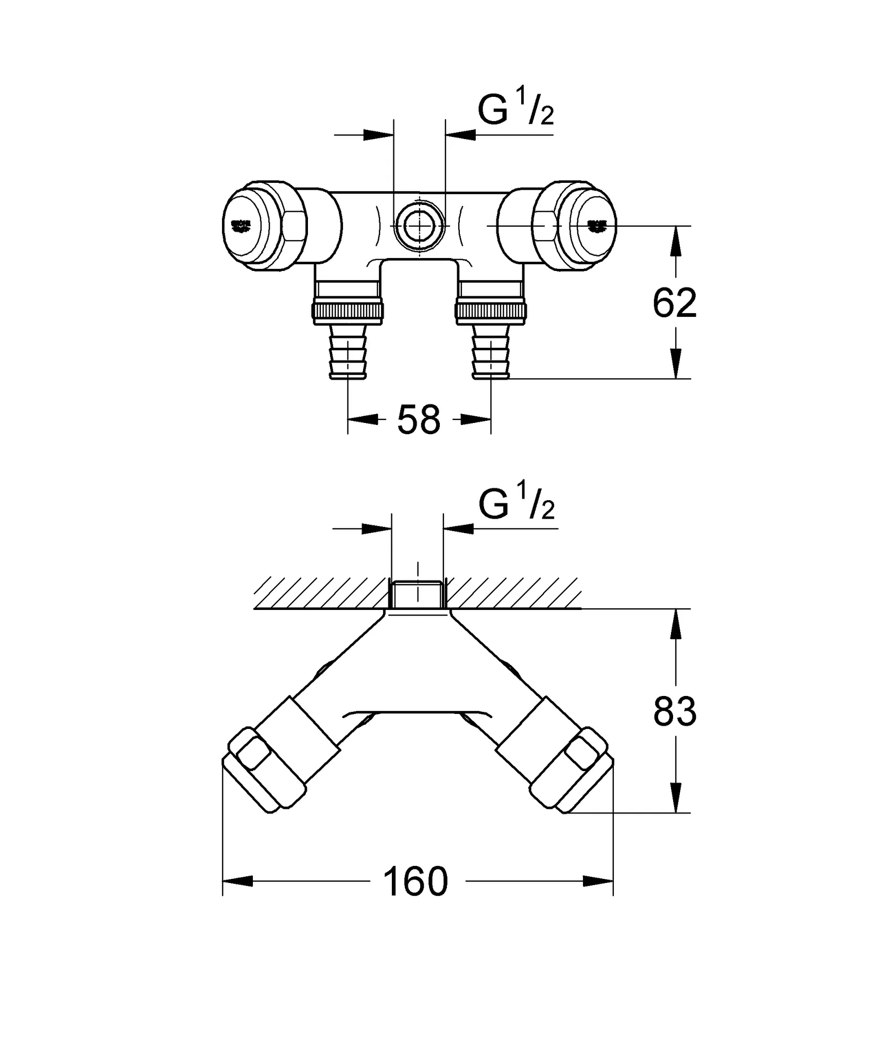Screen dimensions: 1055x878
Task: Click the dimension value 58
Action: (x=419, y=419)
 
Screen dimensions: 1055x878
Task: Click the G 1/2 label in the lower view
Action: (x=516, y=506)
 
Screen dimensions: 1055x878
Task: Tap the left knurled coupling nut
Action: (x=348, y=311)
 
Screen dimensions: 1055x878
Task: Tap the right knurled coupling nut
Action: (x=491, y=311)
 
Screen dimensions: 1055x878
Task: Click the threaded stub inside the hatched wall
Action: (x=418, y=594)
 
